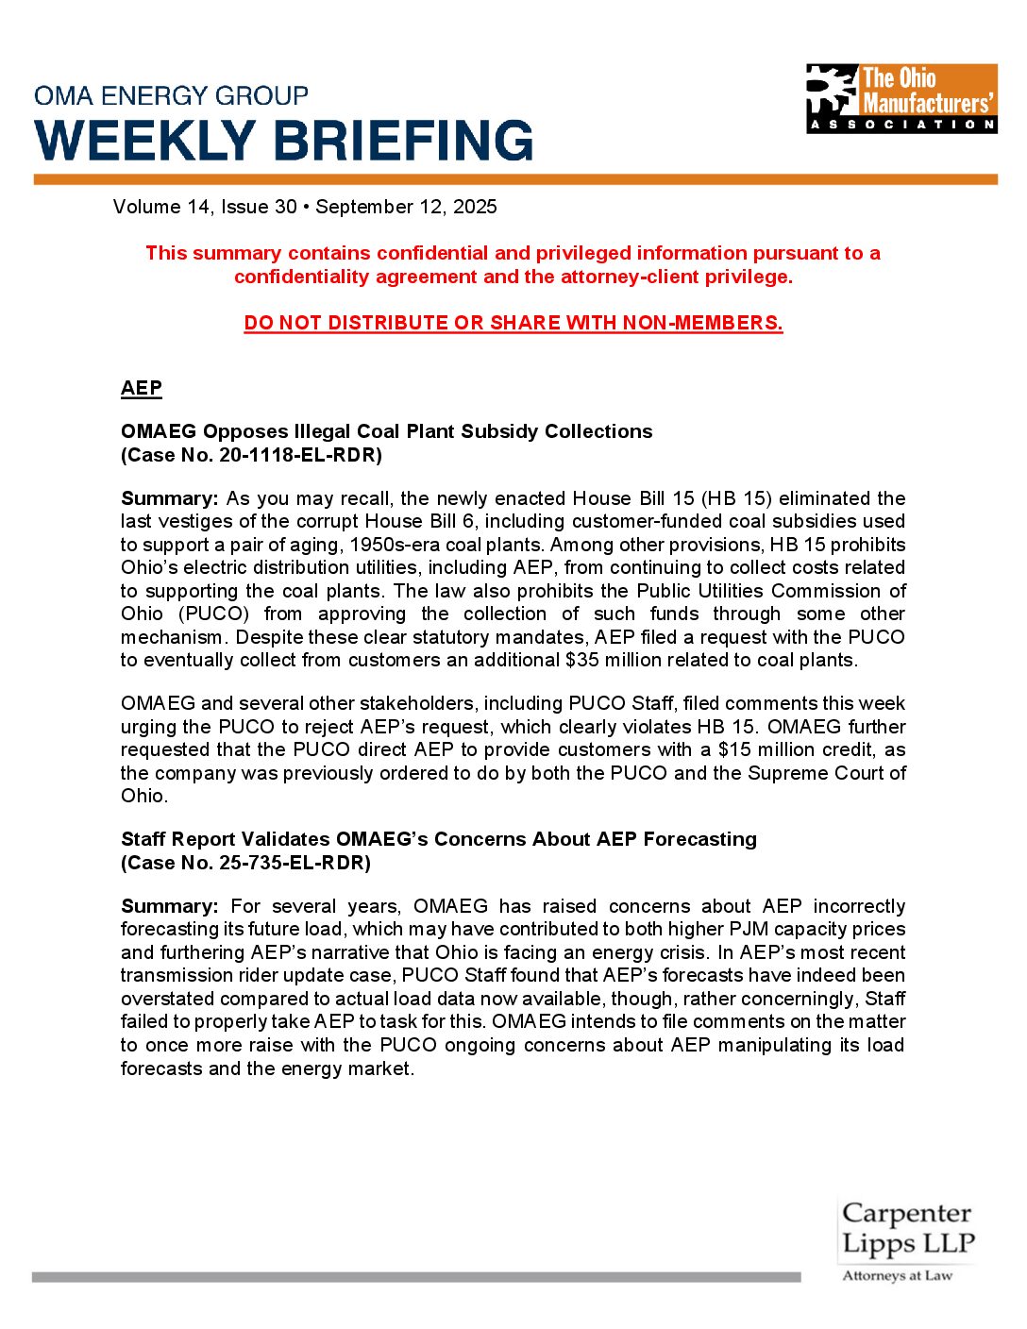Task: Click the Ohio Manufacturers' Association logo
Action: (x=901, y=98)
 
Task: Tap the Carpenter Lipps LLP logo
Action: (x=907, y=1239)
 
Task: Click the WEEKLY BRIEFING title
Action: (x=284, y=141)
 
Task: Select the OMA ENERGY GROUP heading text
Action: (x=171, y=95)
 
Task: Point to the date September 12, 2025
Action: (x=406, y=207)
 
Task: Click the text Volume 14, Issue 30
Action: (x=205, y=207)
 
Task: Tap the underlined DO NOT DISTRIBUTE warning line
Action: (x=513, y=323)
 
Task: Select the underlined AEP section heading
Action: (x=142, y=388)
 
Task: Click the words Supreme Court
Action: (x=817, y=773)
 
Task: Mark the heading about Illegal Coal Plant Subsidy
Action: (x=386, y=431)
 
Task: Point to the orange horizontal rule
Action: (x=515, y=179)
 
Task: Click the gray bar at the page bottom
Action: (x=415, y=1277)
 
